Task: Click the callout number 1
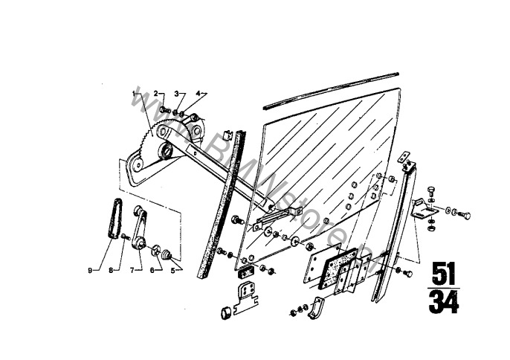pos(134,94)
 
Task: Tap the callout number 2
pos(157,94)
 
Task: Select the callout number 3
pos(177,94)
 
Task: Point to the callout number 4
pos(198,94)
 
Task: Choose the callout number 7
pos(132,271)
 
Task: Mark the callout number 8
pos(112,271)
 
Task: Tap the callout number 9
pos(90,271)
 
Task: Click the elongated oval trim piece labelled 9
pos(114,220)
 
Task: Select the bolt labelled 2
pos(167,110)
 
